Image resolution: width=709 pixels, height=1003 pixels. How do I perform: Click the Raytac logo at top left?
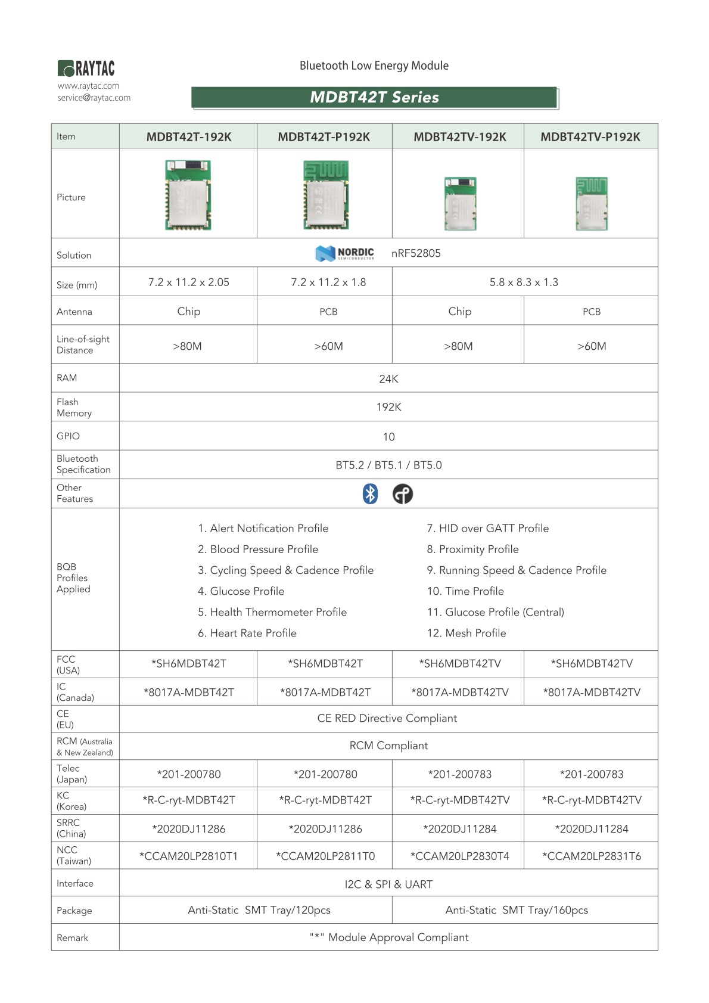86,69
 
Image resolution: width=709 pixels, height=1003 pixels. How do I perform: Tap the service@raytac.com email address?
94,98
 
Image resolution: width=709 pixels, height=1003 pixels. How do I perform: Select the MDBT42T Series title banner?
374,98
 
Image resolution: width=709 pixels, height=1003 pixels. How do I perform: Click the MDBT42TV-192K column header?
459,137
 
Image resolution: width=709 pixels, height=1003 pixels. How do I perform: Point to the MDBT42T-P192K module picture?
325,195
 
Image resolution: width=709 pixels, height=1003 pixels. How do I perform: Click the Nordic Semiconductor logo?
344,253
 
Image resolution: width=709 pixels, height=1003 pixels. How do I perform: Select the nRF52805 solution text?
416,253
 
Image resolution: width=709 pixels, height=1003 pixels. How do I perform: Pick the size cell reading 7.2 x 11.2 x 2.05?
188,282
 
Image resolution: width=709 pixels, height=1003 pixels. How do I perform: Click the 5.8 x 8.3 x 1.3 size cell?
524,282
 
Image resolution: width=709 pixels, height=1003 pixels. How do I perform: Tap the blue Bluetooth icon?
371,494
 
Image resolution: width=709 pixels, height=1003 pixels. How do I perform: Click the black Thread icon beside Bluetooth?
403,494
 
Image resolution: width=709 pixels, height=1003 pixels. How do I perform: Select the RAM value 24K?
388,379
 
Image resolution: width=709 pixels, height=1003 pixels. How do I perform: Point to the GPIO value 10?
388,437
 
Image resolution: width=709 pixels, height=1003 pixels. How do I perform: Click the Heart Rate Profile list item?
247,633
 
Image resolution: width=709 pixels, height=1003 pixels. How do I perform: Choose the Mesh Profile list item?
467,633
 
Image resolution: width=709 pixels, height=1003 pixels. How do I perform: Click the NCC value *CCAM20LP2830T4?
459,856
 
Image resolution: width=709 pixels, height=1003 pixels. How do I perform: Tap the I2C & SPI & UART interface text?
388,884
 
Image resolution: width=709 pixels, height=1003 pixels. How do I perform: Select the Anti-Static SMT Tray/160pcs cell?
517,910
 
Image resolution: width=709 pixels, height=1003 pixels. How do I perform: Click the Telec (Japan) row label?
72,774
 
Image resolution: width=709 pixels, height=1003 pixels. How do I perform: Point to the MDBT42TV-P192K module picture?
592,203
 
